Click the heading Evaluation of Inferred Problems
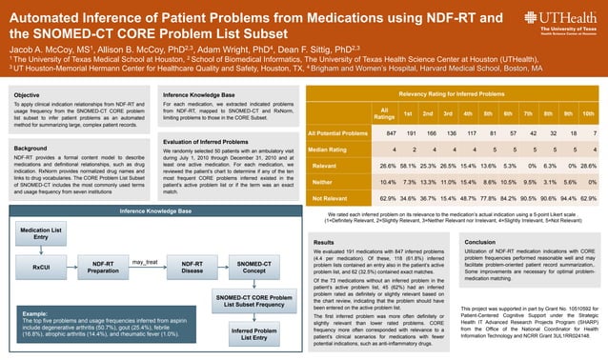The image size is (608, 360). (x=205, y=140)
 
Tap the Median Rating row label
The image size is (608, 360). (x=328, y=150)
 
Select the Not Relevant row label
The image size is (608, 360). (x=328, y=198)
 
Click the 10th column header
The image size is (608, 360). (x=588, y=113)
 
